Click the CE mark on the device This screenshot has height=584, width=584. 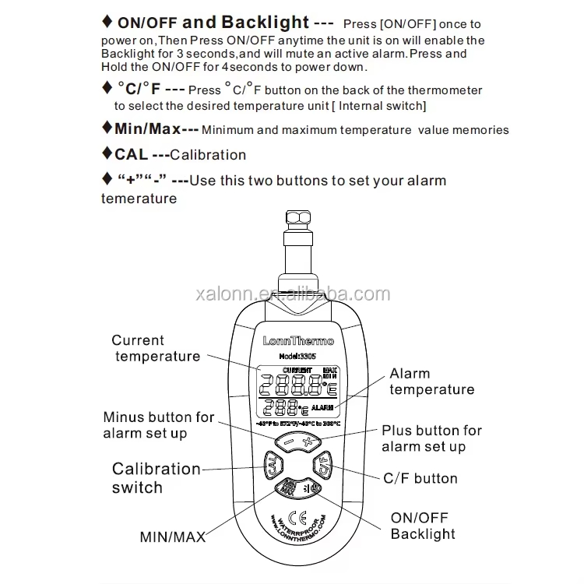coord(296,515)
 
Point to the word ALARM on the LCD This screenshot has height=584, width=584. coord(322,407)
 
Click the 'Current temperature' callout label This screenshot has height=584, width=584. coord(157,348)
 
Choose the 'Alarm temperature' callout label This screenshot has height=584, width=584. coord(431,382)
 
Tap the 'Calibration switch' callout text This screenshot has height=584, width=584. coord(156,478)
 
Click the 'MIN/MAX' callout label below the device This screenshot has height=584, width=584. coord(172,537)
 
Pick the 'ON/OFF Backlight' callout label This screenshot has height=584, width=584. coord(422,526)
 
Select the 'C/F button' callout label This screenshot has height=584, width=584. coord(420,478)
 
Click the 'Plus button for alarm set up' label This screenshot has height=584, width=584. coord(431,438)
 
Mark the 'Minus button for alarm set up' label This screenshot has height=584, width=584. coord(157,425)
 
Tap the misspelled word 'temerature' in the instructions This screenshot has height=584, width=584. coord(139,199)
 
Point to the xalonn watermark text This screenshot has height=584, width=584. coord(292,294)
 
